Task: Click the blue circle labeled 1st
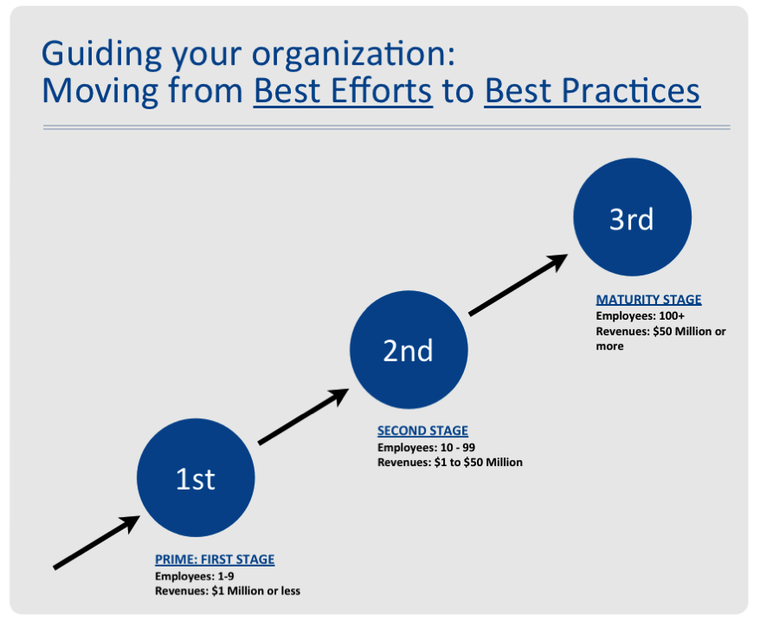pyautogui.click(x=196, y=478)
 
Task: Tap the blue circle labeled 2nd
pyautogui.click(x=409, y=350)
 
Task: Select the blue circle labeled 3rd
pyautogui.click(x=633, y=217)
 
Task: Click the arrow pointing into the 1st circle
pyautogui.click(x=97, y=542)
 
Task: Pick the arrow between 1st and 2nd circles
pyautogui.click(x=304, y=417)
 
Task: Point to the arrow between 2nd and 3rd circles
pyautogui.click(x=518, y=285)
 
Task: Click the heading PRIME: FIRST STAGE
pyautogui.click(x=215, y=560)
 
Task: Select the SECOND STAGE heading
pyautogui.click(x=422, y=431)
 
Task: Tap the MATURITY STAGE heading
pyautogui.click(x=648, y=300)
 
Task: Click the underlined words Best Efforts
pyautogui.click(x=343, y=91)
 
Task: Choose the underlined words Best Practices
pyautogui.click(x=592, y=91)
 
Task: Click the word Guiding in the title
pyautogui.click(x=101, y=55)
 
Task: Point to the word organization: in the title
pyautogui.click(x=354, y=55)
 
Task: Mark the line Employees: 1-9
pyautogui.click(x=195, y=576)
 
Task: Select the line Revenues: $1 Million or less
pyautogui.click(x=228, y=591)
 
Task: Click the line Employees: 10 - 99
pyautogui.click(x=426, y=447)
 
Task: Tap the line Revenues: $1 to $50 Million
pyautogui.click(x=450, y=463)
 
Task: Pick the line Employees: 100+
pyautogui.click(x=640, y=316)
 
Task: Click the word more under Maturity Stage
pyautogui.click(x=609, y=347)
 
